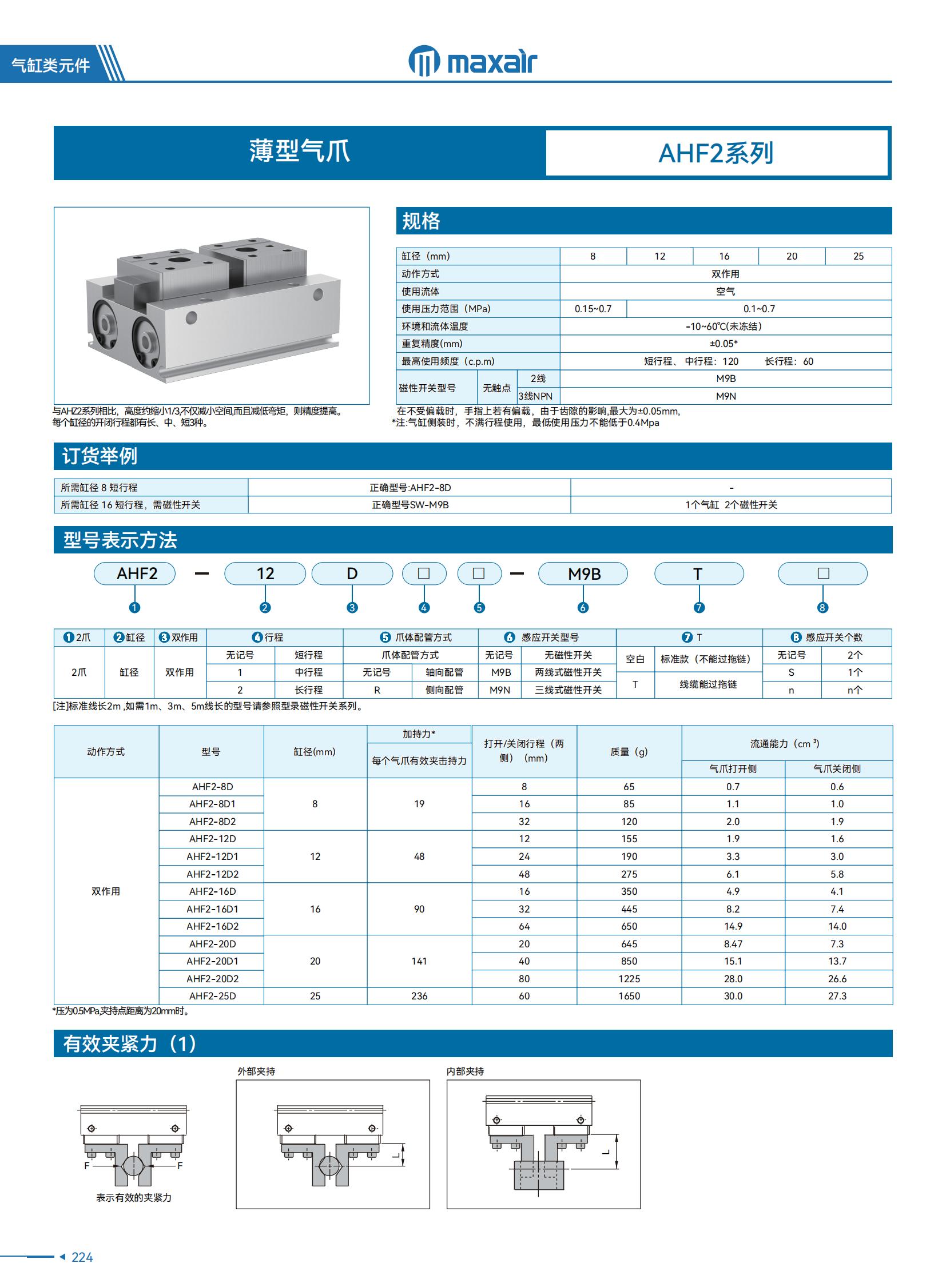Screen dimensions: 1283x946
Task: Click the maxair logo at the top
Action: pos(472,61)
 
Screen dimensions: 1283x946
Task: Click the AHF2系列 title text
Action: pos(716,153)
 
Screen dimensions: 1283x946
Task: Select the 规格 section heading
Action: pos(421,221)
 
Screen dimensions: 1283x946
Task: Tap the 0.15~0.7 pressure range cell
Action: pos(593,309)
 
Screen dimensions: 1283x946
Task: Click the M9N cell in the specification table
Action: pos(726,396)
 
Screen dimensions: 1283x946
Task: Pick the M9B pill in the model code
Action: pos(583,573)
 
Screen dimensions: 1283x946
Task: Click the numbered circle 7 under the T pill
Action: pos(698,607)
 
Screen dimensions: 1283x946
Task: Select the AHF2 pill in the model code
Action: pos(135,573)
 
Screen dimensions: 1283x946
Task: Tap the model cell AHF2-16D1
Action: pos(212,909)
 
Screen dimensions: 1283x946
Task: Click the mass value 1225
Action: pos(629,978)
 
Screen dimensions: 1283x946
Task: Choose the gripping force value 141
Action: pos(419,961)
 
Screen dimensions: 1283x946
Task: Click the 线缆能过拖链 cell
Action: pos(707,684)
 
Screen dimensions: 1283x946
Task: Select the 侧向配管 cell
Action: pos(444,690)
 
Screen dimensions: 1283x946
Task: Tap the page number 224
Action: pos(82,1257)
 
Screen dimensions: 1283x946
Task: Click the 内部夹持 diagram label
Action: pos(466,1071)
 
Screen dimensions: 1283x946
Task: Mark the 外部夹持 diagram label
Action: pos(256,1071)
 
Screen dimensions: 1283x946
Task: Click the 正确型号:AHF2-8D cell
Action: pos(410,488)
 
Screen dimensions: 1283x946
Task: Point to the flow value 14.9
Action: pos(733,926)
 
